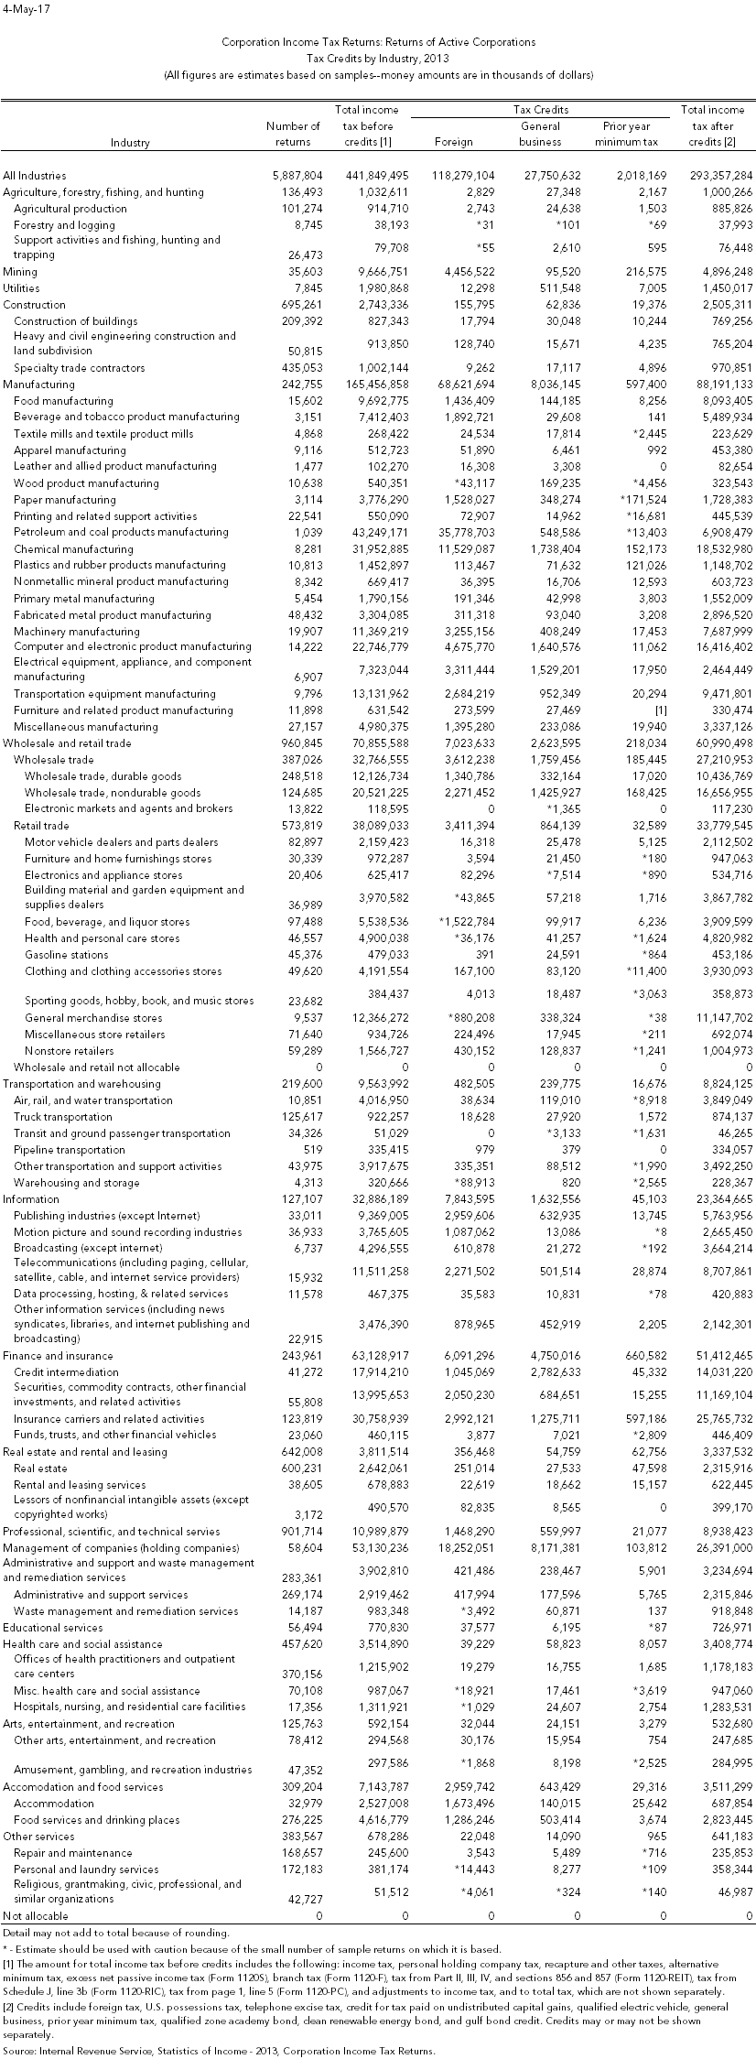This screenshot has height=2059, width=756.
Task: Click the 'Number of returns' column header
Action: pyautogui.click(x=293, y=134)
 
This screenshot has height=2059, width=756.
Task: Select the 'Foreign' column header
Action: pyautogui.click(x=454, y=142)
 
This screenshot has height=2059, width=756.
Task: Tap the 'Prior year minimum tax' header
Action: pyautogui.click(x=626, y=134)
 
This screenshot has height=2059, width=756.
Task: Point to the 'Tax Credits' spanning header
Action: pyautogui.click(x=540, y=110)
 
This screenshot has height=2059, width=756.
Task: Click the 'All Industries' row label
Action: pyautogui.click(x=35, y=175)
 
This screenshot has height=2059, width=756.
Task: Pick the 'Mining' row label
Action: pyautogui.click(x=20, y=272)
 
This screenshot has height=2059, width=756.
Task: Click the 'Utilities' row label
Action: pyautogui.click(x=22, y=288)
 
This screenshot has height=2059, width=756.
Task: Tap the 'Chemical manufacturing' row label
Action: pyautogui.click(x=73, y=548)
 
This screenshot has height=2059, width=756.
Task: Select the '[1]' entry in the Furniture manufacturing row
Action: pyautogui.click(x=649, y=710)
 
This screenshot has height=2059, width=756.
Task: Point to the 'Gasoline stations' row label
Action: pyautogui.click(x=66, y=955)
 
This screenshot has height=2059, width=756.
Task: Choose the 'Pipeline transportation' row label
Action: pyautogui.click(x=70, y=1150)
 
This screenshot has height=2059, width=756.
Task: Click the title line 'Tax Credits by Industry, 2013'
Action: pyautogui.click(x=378, y=58)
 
